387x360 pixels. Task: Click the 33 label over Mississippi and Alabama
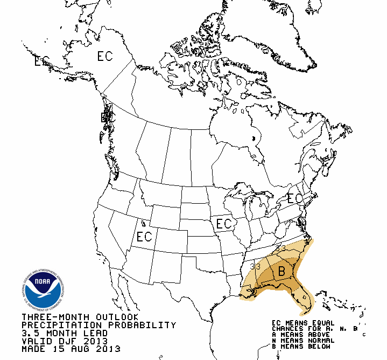[255, 266]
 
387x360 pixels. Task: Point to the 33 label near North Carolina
[281, 247]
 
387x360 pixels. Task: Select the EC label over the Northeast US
[295, 198]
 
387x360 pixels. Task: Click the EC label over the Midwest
[223, 223]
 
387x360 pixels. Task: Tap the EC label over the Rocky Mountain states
[144, 237]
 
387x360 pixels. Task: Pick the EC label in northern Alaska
[104, 56]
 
